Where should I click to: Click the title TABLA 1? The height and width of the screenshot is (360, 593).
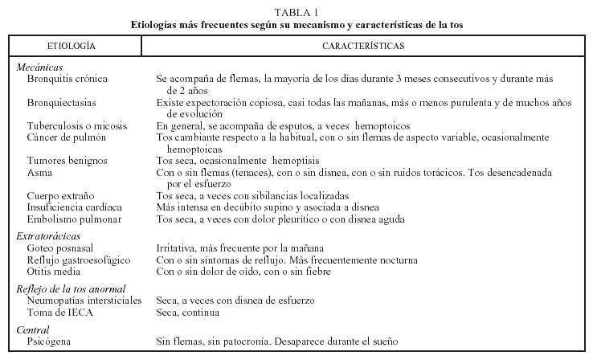296,11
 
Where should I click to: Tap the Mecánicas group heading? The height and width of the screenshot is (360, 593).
40,68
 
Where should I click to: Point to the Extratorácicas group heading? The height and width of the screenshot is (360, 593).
47,236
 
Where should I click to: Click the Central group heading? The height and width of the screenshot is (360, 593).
33,330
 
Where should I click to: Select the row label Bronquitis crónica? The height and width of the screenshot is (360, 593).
67,80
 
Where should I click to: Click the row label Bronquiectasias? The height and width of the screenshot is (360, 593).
62,104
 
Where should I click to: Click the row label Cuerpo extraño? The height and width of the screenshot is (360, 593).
59,196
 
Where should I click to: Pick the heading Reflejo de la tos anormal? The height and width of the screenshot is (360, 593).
71,288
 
